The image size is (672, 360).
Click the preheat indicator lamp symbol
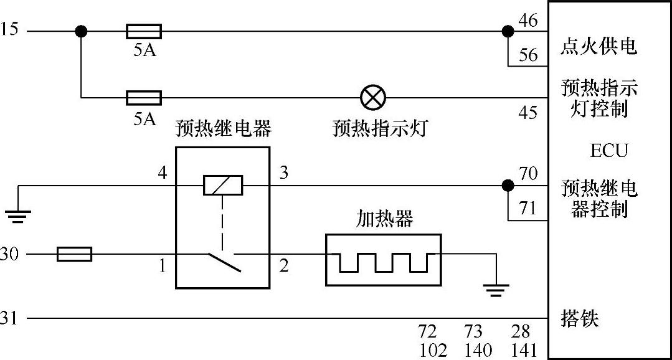[x=373, y=97]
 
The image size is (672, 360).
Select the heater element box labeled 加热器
[x=383, y=260]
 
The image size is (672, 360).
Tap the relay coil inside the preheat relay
[x=222, y=185]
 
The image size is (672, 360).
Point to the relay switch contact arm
[x=224, y=262]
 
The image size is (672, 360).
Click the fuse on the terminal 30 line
[x=74, y=254]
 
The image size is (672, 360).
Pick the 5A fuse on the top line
[x=144, y=31]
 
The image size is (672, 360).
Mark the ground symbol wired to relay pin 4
[x=19, y=216]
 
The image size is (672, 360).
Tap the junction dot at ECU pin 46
[x=508, y=31]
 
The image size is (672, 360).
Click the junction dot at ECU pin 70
[x=508, y=185]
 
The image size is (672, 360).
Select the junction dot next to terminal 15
[x=81, y=31]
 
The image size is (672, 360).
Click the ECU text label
[x=608, y=151]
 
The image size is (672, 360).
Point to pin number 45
[x=528, y=113]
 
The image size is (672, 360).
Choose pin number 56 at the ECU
[x=528, y=55]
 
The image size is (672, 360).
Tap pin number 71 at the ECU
[x=528, y=209]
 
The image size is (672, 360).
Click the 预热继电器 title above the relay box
[x=223, y=129]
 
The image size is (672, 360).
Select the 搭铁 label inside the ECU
[x=579, y=318]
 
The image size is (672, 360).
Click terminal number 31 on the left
[x=10, y=318]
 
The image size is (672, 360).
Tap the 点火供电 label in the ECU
[x=599, y=47]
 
